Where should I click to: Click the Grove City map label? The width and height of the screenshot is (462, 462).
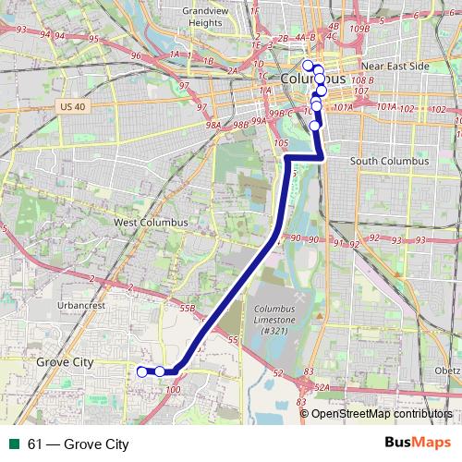[x=65, y=363]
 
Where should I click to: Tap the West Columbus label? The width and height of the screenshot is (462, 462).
[x=150, y=223]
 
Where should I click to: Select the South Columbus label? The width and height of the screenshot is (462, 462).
[x=390, y=161]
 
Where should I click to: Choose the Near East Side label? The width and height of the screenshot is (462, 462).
[x=395, y=67]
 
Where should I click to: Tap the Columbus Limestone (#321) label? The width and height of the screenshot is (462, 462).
[x=274, y=319]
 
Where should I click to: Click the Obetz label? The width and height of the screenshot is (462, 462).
[x=448, y=371]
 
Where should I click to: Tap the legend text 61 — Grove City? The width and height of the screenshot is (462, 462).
[x=79, y=444]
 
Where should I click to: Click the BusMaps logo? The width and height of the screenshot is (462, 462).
[x=418, y=444]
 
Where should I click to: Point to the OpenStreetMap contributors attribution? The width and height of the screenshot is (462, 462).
[x=382, y=414]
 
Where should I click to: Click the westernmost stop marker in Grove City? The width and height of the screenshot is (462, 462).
[x=141, y=371]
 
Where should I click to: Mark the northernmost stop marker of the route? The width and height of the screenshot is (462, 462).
[x=308, y=65]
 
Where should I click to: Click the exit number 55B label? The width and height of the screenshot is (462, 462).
[x=188, y=308]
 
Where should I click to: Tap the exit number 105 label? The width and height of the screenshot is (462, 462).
[x=282, y=143]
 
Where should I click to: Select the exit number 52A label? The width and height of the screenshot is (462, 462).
[x=322, y=389]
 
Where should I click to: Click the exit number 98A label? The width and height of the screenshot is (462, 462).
[x=213, y=125]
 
